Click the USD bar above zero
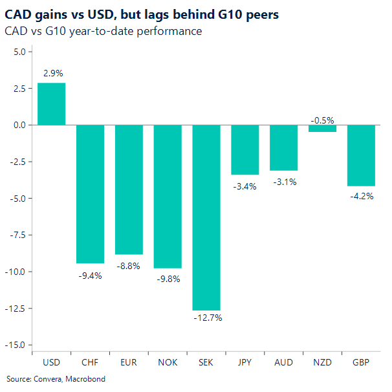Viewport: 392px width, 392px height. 51,103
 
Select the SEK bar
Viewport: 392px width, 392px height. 206,217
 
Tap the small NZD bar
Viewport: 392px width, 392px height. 322,128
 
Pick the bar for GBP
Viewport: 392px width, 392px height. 361,155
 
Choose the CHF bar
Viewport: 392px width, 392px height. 90,194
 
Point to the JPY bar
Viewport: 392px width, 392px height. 245,149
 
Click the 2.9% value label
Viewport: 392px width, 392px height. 52,74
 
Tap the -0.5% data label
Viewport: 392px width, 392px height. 322,120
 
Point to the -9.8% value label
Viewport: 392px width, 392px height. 167,279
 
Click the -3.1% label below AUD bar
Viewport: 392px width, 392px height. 283,182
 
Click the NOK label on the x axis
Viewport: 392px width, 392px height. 167,364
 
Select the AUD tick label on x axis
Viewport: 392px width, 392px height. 283,364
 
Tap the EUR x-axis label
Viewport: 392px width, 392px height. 129,364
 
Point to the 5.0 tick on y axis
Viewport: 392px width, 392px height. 17,52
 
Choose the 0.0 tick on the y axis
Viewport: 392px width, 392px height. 17,125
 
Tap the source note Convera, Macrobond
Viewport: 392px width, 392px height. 56,379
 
